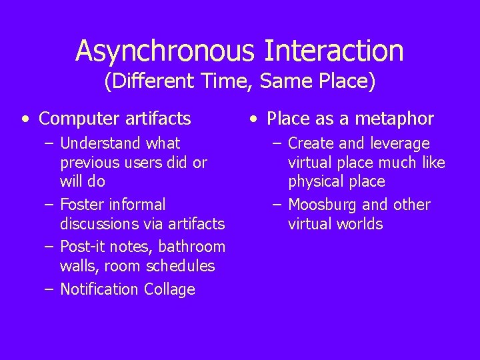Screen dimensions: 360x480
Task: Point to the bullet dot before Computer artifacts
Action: pos(25,120)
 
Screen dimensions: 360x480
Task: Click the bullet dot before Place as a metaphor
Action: pos(253,120)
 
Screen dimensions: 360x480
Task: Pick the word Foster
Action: pos(79,205)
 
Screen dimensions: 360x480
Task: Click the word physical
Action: pos(313,182)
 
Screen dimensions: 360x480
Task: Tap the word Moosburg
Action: pos(324,205)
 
